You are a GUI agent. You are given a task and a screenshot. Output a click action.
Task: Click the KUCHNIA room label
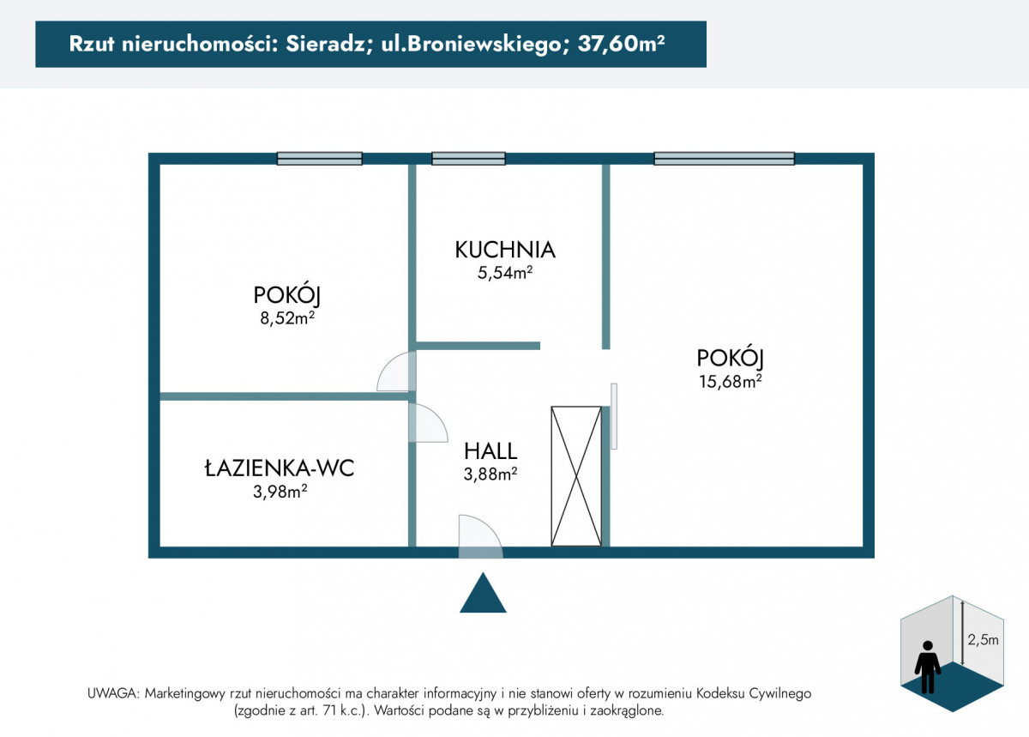(x=505, y=251)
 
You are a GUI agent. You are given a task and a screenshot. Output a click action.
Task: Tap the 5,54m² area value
(x=505, y=273)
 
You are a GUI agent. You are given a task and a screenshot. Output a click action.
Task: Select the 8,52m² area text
(x=287, y=317)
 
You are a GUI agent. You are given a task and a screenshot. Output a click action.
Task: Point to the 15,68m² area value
(x=731, y=381)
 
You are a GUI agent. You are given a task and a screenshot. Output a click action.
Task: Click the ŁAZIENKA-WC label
(x=280, y=468)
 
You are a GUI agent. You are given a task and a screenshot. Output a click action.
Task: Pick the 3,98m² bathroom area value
(x=280, y=492)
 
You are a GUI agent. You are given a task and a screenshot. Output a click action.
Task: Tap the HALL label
(x=490, y=451)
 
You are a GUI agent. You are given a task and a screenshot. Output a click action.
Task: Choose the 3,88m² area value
(x=490, y=474)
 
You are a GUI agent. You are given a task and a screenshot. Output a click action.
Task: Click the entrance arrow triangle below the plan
(x=483, y=593)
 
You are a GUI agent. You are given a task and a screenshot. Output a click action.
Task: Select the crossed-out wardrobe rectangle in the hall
(x=576, y=476)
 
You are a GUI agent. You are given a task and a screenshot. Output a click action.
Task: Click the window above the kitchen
(x=468, y=159)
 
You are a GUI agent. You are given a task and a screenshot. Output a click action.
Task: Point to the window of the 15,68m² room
(x=724, y=159)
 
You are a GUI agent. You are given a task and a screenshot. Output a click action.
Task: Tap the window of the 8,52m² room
(x=319, y=159)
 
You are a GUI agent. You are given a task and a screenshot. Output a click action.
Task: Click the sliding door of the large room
(x=614, y=416)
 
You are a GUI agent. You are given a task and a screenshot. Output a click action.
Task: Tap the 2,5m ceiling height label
(x=983, y=639)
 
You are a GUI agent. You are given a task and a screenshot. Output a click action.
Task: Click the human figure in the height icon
(x=928, y=668)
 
